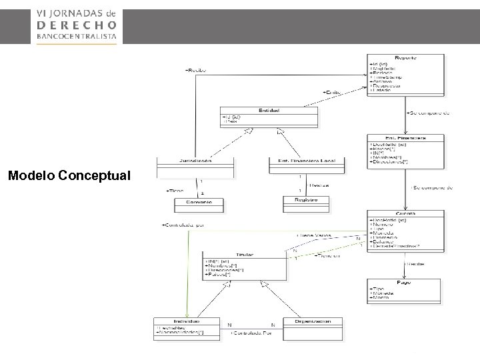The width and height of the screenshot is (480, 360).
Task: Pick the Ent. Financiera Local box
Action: (x=301, y=165)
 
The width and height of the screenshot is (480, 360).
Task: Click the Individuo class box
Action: (x=187, y=329)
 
